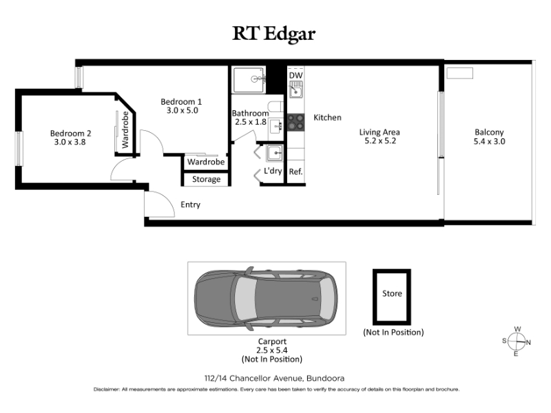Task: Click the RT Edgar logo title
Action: [273, 34]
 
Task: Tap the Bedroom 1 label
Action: [181, 101]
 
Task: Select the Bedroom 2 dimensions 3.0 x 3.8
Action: [70, 142]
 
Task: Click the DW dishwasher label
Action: [295, 75]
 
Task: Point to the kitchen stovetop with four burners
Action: [296, 123]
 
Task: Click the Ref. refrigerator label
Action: [295, 171]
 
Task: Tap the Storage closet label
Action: [206, 179]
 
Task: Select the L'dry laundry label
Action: [273, 171]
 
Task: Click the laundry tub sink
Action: [274, 153]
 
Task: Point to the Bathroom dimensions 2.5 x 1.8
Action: [251, 122]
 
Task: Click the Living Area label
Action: [380, 132]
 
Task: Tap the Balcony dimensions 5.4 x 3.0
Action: [490, 141]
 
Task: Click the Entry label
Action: [191, 204]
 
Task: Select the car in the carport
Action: [266, 298]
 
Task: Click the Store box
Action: [392, 297]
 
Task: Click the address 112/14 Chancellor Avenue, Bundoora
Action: [274, 378]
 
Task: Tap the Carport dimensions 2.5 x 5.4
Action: [272, 350]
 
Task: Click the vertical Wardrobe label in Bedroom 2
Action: [125, 129]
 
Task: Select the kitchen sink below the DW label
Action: [296, 89]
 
